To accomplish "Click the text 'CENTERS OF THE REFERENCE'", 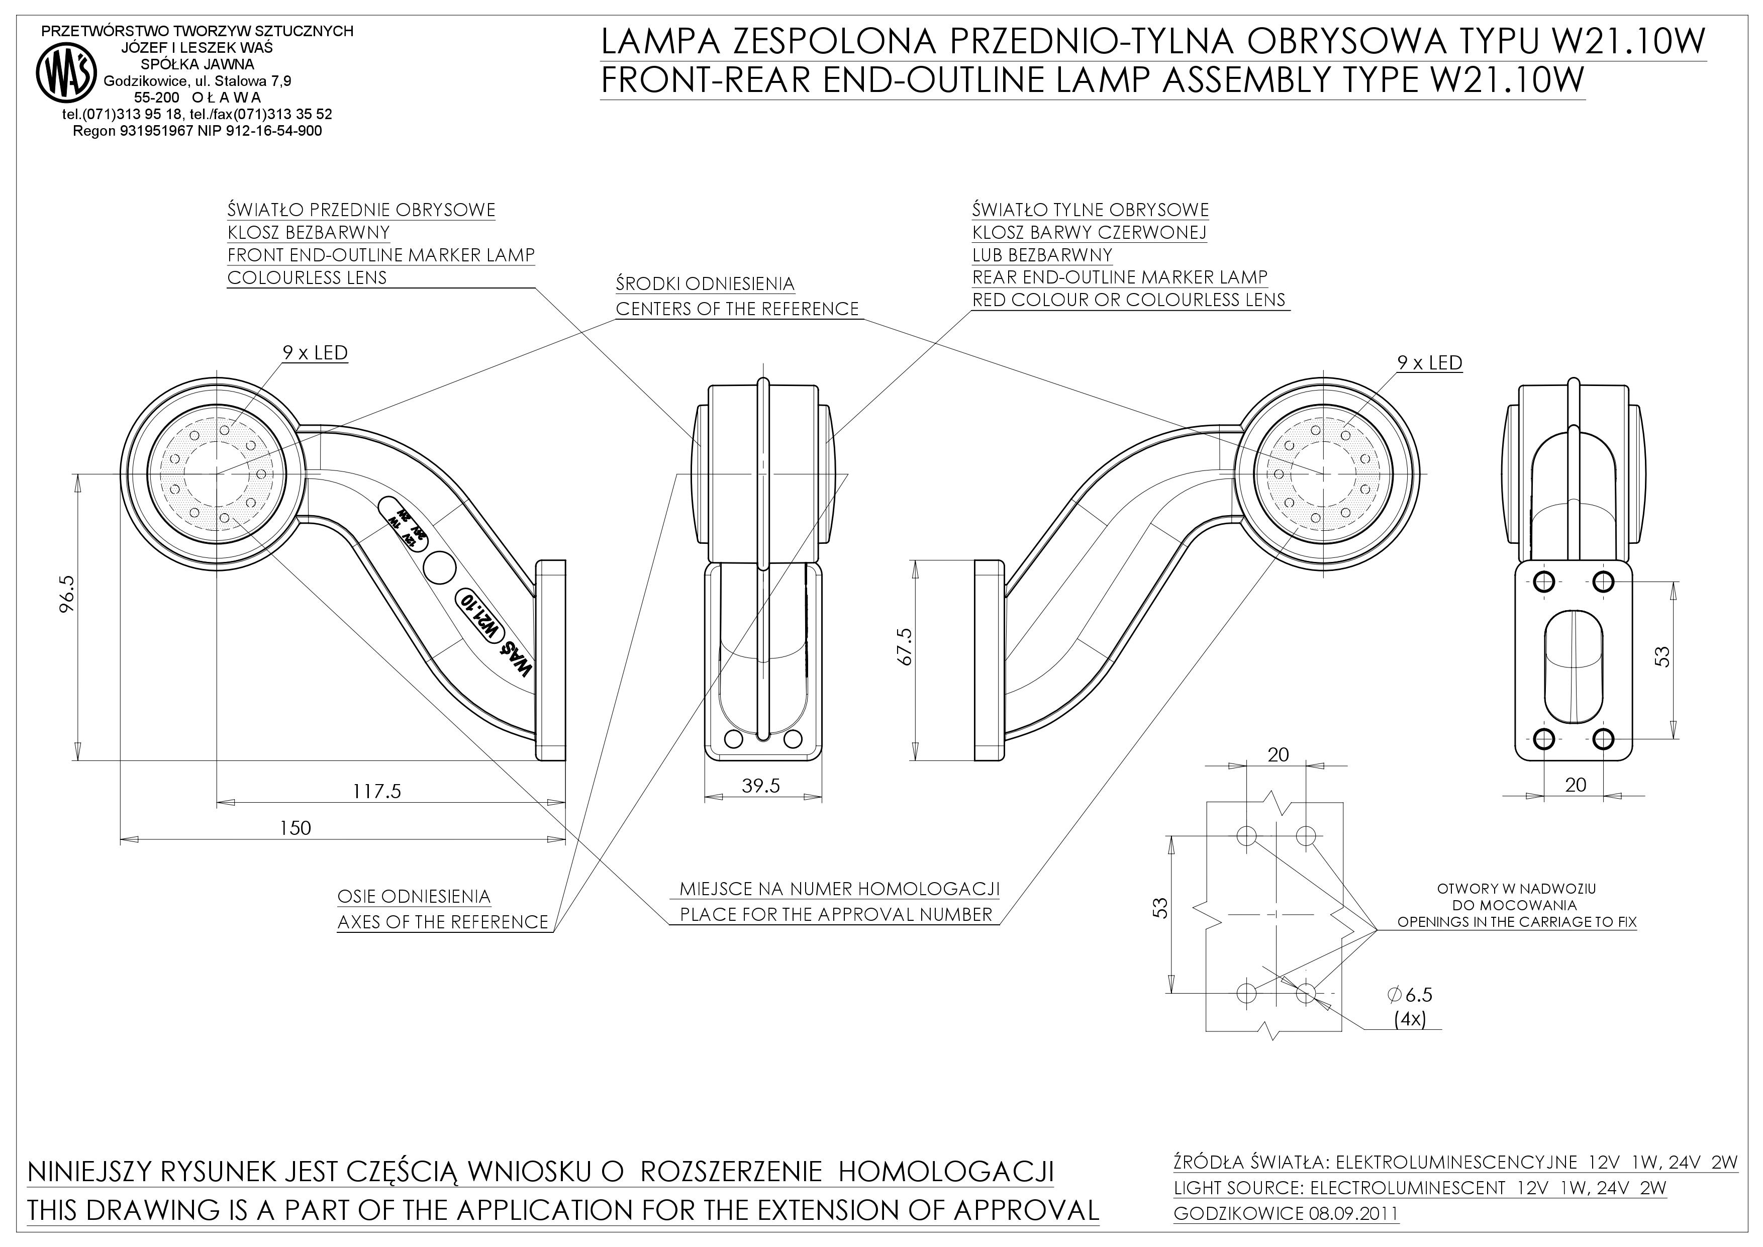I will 737,309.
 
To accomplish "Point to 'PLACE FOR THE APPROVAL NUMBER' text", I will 836,915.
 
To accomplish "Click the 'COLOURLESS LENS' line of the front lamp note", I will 307,277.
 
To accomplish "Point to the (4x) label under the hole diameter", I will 1410,1020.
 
